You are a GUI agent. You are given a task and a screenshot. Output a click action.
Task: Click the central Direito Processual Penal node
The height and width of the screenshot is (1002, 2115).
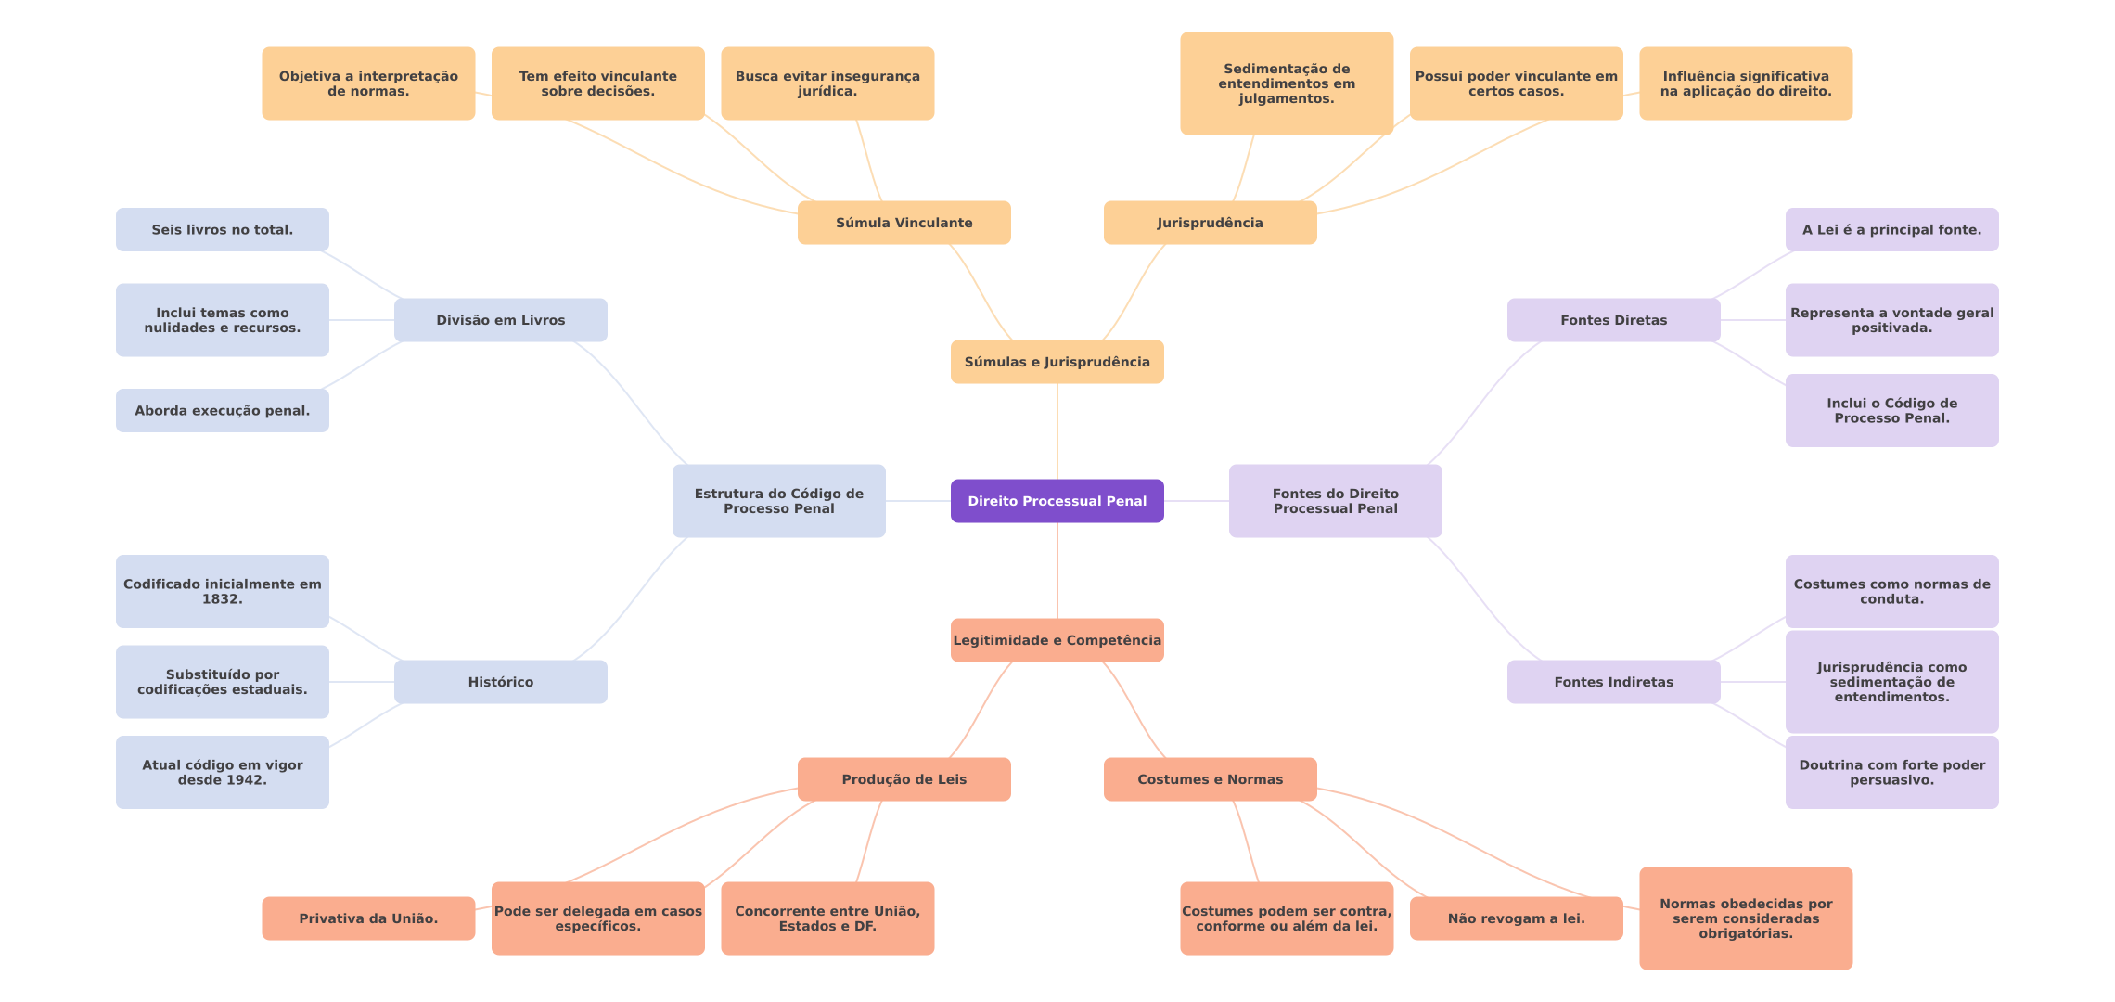pos(1057,501)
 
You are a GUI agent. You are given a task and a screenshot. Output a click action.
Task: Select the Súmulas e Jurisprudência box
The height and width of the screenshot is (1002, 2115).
pos(1057,362)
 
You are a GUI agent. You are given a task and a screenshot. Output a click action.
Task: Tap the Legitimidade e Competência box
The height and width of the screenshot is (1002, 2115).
pos(1057,640)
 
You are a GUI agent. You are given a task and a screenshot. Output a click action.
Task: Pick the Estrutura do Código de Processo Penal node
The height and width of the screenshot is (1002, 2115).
pos(778,501)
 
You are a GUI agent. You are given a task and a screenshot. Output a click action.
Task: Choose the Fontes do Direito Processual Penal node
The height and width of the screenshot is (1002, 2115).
pos(1335,501)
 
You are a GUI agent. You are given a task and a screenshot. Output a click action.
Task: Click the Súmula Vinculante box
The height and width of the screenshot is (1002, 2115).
pos(904,223)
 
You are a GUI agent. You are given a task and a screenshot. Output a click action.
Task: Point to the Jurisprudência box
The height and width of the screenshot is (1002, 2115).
pos(1210,223)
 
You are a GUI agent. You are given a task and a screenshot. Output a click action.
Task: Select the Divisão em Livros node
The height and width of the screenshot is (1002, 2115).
pos(500,320)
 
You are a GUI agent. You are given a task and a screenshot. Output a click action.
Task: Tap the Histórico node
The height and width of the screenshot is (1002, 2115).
pos(500,682)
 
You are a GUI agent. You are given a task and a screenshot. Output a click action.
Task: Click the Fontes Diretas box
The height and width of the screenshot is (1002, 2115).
pos(1613,320)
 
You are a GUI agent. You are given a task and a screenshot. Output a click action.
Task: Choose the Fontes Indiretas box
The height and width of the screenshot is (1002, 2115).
pos(1613,682)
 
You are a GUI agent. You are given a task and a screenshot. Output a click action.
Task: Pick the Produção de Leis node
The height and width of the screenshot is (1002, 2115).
pos(904,779)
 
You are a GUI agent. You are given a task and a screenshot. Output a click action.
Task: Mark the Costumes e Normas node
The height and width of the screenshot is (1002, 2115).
pos(1210,779)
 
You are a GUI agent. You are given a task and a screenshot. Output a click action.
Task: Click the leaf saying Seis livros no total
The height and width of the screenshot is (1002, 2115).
pos(222,230)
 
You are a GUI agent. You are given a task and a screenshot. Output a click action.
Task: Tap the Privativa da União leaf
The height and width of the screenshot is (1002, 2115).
pos(368,918)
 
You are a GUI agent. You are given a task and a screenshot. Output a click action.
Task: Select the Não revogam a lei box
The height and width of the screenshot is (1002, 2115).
pos(1516,918)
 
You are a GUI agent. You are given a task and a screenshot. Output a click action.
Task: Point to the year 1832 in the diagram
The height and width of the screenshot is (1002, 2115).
pos(222,599)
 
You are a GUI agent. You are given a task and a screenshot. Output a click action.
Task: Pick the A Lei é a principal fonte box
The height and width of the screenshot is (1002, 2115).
pos(1891,230)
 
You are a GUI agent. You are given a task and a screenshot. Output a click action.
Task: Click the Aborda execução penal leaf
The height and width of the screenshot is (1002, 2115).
pos(222,411)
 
